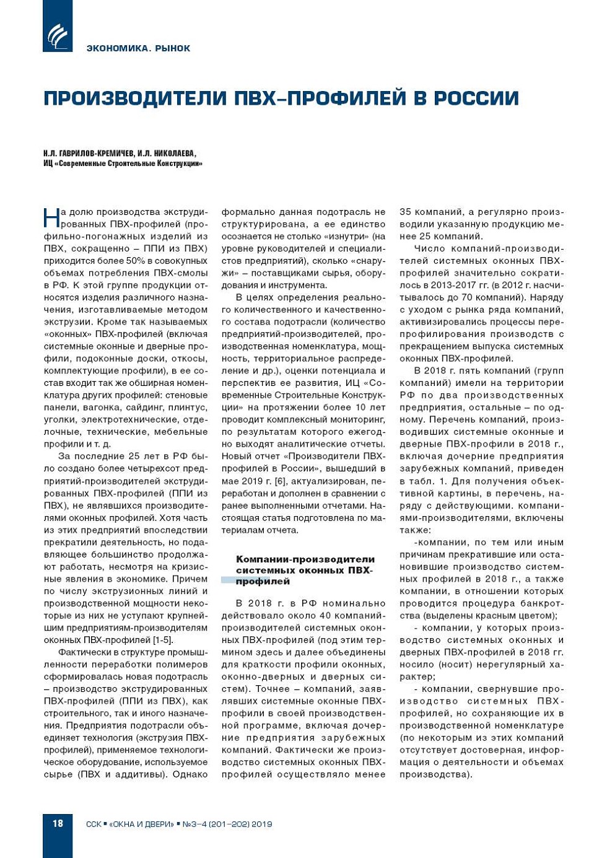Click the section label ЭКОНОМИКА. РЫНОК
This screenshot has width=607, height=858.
click(139, 48)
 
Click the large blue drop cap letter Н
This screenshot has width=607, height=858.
click(51, 218)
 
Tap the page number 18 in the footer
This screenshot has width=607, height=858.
click(58, 823)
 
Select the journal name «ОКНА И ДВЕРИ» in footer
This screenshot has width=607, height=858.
click(142, 824)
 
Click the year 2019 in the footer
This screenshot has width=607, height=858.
click(261, 824)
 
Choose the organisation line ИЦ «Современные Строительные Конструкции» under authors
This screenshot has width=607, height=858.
click(123, 164)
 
